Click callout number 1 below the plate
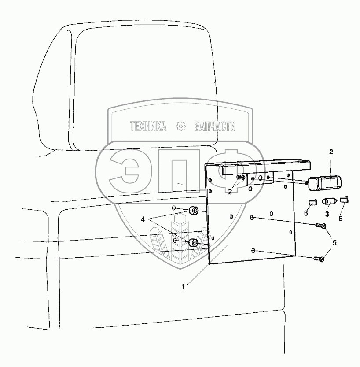point(184,286)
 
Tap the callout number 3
point(327,214)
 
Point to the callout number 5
point(334,242)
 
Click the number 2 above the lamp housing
point(331,152)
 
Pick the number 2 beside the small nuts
point(230,192)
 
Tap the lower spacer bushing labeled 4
point(193,242)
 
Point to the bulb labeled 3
point(329,202)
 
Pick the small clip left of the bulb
point(312,203)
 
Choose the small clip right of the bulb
point(345,200)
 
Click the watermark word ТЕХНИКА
point(148,127)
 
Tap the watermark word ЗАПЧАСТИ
point(215,127)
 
